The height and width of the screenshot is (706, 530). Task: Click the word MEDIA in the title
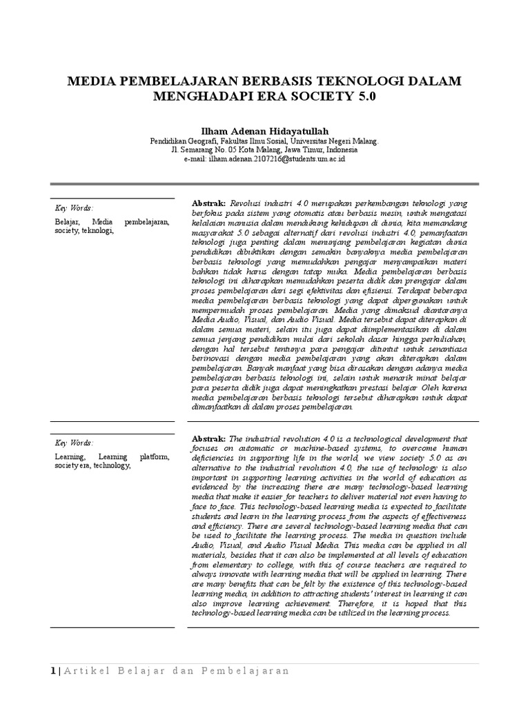coord(91,82)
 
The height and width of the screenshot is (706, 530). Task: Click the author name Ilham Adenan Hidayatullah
coord(264,132)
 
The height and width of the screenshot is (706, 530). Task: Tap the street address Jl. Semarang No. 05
coord(207,150)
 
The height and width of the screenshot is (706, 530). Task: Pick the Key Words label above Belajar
coord(74,208)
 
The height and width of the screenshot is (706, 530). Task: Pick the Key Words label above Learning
coord(74,442)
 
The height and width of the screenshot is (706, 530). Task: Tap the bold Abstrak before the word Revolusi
coord(208,205)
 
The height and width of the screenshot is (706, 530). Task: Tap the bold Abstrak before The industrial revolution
coord(208,438)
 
